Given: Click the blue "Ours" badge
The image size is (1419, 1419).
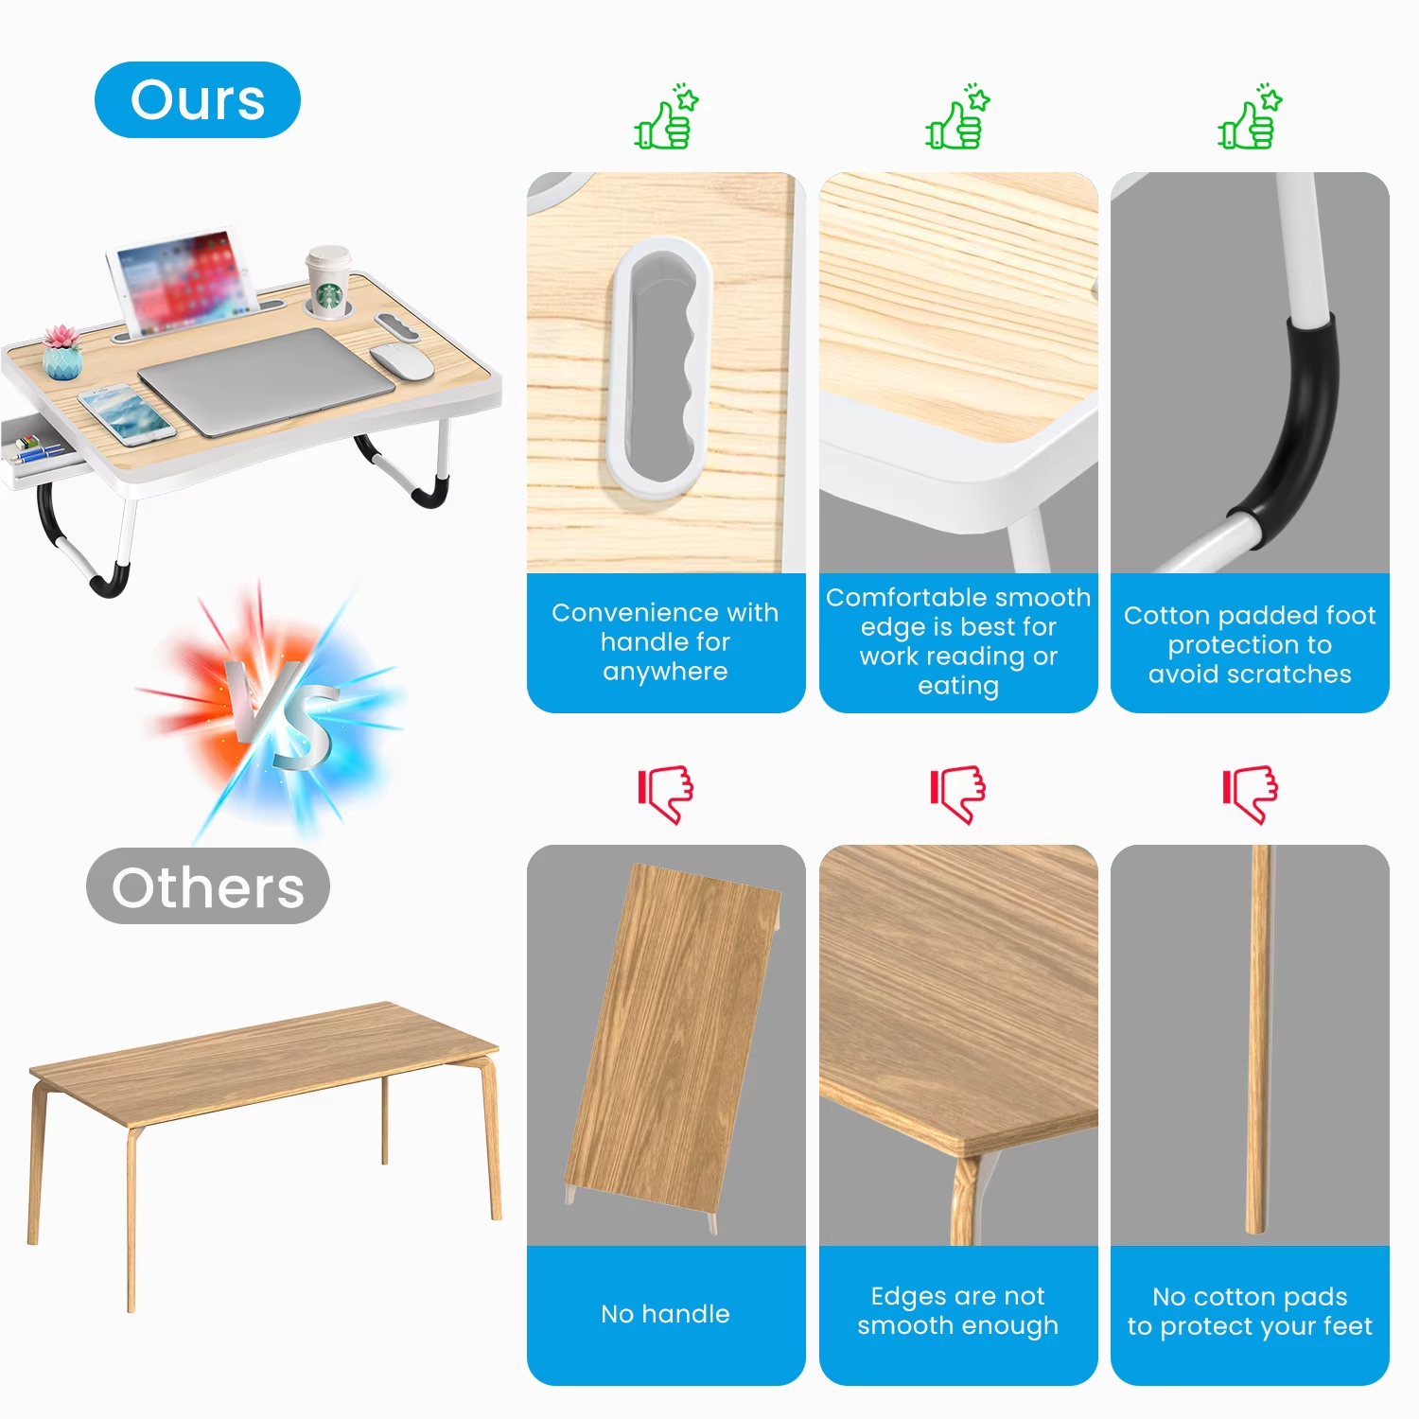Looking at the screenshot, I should (197, 100).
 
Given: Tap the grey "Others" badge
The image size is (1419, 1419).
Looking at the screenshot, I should (207, 886).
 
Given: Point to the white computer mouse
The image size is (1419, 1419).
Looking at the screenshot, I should (401, 360).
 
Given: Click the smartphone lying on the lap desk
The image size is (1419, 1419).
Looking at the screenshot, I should (126, 413).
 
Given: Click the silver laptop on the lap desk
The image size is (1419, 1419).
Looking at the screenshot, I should (266, 379).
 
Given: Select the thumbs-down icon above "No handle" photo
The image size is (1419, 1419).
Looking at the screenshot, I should (666, 793).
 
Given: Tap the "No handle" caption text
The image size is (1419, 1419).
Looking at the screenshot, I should (665, 1314).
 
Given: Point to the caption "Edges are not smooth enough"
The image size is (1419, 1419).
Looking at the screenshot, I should (957, 1310).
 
